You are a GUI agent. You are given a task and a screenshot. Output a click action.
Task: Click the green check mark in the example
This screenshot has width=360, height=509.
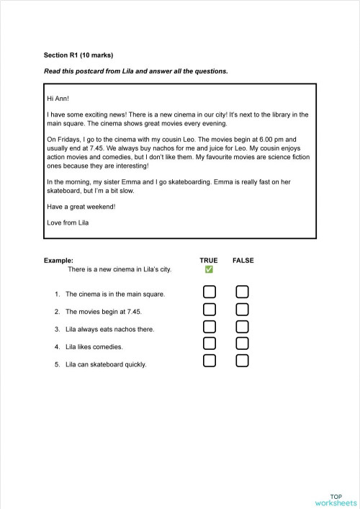[x=209, y=269]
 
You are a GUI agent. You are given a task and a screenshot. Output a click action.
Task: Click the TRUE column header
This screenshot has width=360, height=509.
[x=209, y=260]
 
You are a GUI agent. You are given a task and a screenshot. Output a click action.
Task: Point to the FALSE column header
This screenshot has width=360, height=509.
[x=243, y=260]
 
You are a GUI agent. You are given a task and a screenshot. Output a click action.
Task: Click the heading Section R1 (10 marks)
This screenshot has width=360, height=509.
[x=78, y=55]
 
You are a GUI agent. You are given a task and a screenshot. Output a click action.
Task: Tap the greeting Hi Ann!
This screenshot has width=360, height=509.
[x=58, y=97]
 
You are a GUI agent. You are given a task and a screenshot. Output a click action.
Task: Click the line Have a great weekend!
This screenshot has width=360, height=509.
[x=81, y=207]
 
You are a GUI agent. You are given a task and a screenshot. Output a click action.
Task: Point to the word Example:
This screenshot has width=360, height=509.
[x=58, y=260]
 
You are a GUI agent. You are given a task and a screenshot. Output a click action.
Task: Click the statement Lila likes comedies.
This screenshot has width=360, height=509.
[x=94, y=347]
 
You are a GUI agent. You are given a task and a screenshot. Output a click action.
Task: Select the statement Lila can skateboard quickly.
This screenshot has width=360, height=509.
[x=105, y=364]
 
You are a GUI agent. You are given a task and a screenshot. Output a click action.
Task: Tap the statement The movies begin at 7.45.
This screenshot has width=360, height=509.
[x=103, y=312]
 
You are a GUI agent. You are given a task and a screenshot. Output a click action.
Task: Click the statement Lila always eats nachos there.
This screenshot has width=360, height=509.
[x=109, y=329]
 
